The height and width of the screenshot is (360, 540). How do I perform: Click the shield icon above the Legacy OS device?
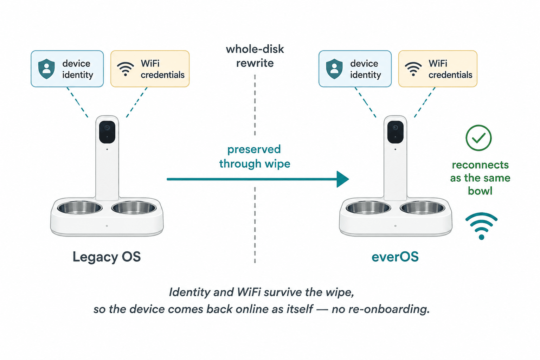click(46, 69)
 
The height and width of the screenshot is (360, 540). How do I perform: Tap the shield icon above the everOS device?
click(334, 69)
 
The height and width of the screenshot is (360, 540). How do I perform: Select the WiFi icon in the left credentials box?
click(126, 69)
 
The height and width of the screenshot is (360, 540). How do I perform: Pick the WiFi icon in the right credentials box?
click(413, 69)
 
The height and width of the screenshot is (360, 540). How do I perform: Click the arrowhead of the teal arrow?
click(343, 179)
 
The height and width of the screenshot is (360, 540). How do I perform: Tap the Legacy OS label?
click(107, 257)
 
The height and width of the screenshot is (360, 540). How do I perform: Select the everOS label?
click(395, 257)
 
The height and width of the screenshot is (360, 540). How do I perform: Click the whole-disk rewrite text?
click(255, 56)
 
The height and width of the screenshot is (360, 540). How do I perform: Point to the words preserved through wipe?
click(255, 156)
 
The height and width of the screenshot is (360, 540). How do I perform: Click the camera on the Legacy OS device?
click(107, 132)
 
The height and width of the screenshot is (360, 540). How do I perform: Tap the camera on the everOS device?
click(396, 132)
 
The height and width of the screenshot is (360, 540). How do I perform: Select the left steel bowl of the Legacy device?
click(80, 208)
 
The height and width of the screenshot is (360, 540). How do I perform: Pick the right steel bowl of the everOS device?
click(422, 208)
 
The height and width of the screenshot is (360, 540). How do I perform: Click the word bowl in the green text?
click(480, 191)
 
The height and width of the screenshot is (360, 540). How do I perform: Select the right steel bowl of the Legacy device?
click(134, 208)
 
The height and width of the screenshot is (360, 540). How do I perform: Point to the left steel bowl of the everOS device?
click(368, 208)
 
